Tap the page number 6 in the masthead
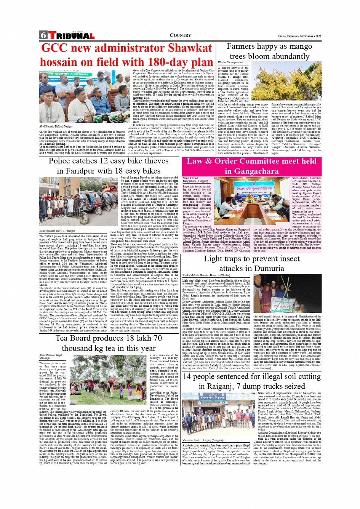(x=43, y=35)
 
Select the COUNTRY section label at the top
(x=180, y=35)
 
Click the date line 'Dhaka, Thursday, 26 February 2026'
(x=299, y=36)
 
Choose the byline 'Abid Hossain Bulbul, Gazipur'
(x=56, y=126)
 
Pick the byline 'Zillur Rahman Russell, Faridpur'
(x=57, y=231)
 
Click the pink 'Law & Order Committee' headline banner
(x=251, y=166)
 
